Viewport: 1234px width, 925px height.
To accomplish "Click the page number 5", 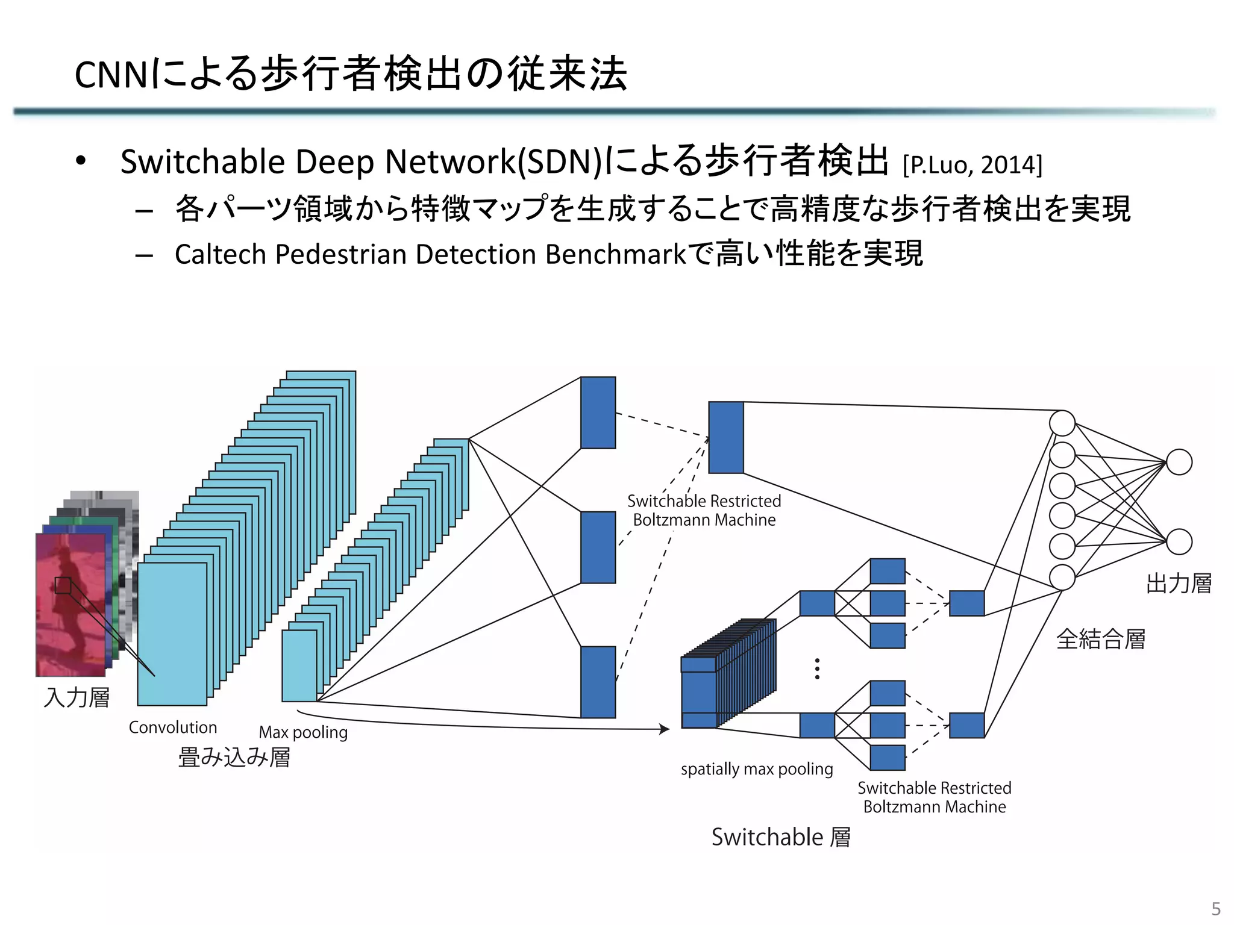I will tap(1216, 909).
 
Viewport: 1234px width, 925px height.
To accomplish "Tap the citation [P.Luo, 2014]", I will tap(972, 164).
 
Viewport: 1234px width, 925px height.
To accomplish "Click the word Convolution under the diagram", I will tap(173, 727).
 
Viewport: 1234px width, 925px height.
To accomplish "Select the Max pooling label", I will tap(303, 732).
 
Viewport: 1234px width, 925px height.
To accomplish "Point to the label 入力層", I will tap(77, 697).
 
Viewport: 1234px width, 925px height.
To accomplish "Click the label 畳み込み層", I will tap(234, 757).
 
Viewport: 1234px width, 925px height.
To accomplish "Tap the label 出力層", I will tap(1179, 584).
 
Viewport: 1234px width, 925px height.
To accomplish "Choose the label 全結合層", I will tap(1101, 639).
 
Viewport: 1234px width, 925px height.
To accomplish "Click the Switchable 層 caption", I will tap(781, 837).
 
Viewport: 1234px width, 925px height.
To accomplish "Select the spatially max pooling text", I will tap(757, 769).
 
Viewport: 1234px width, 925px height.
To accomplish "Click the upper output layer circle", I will tap(1179, 462).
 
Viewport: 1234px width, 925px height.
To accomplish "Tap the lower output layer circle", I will tap(1179, 542).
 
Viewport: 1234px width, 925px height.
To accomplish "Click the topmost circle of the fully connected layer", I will tap(1062, 423).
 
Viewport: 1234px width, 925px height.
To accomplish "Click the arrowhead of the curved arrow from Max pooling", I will tap(665, 729).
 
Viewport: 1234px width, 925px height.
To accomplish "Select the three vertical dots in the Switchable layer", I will tap(817, 668).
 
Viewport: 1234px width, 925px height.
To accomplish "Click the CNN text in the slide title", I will tap(110, 75).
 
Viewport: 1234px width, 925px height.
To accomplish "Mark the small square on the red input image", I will tap(63, 585).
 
